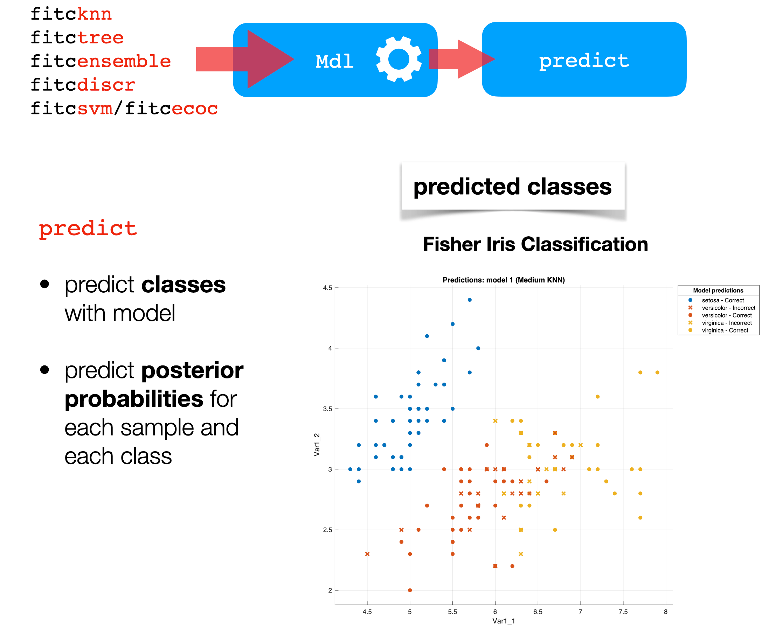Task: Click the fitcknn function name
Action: click(x=71, y=14)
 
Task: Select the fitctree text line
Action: click(x=77, y=38)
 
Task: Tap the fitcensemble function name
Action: click(x=100, y=61)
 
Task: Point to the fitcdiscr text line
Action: click(x=83, y=85)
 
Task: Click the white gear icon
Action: click(x=399, y=59)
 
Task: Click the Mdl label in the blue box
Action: click(x=334, y=61)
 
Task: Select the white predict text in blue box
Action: click(x=583, y=60)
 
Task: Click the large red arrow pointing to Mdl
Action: click(x=249, y=59)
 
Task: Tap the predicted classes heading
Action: click(x=512, y=187)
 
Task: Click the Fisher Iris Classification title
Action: click(x=535, y=244)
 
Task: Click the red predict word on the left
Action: click(x=88, y=229)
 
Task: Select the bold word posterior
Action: click(x=192, y=370)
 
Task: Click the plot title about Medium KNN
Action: click(x=504, y=280)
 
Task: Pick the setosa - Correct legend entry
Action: click(x=722, y=300)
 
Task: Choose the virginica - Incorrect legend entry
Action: click(x=726, y=323)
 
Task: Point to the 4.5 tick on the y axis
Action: click(x=327, y=288)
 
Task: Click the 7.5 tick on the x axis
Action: click(x=623, y=612)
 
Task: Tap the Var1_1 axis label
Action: click(x=504, y=621)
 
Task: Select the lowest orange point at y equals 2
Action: click(x=410, y=590)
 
